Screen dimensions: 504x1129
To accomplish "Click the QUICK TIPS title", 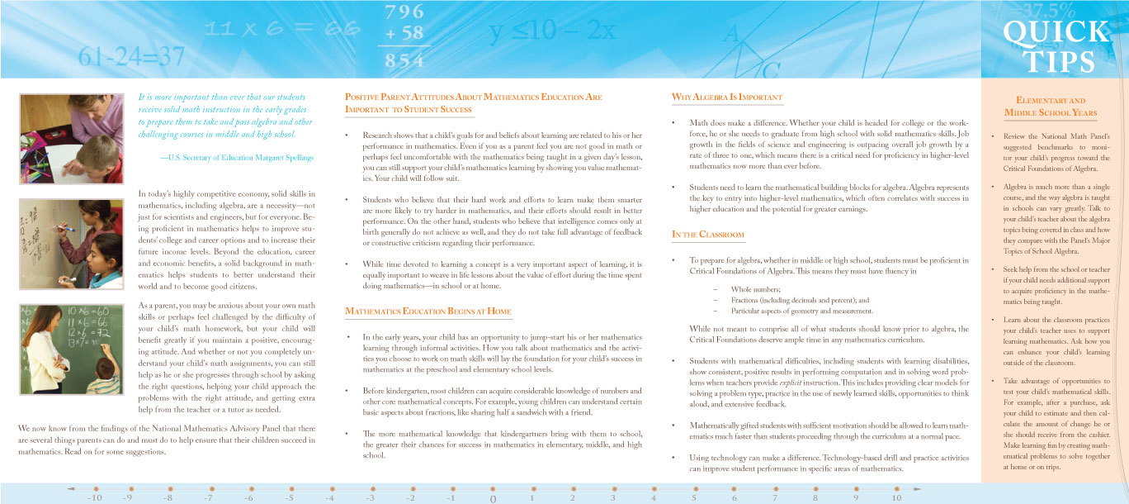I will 1056,46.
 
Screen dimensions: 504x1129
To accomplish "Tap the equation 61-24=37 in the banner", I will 132,56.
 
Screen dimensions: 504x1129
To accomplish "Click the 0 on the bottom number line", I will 492,499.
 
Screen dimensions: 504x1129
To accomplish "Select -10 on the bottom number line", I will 94,498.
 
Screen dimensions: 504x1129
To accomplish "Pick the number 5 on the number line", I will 694,498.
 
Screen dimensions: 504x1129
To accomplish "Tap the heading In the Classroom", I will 708,235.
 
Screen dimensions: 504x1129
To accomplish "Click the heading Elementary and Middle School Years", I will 1050,106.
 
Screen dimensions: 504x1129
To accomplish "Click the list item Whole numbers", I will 755,289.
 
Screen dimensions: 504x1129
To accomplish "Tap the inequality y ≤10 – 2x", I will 552,32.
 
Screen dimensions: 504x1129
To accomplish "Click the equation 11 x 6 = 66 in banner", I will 277,29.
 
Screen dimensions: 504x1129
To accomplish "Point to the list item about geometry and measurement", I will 801,311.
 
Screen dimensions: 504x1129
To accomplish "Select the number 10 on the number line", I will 896,498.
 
